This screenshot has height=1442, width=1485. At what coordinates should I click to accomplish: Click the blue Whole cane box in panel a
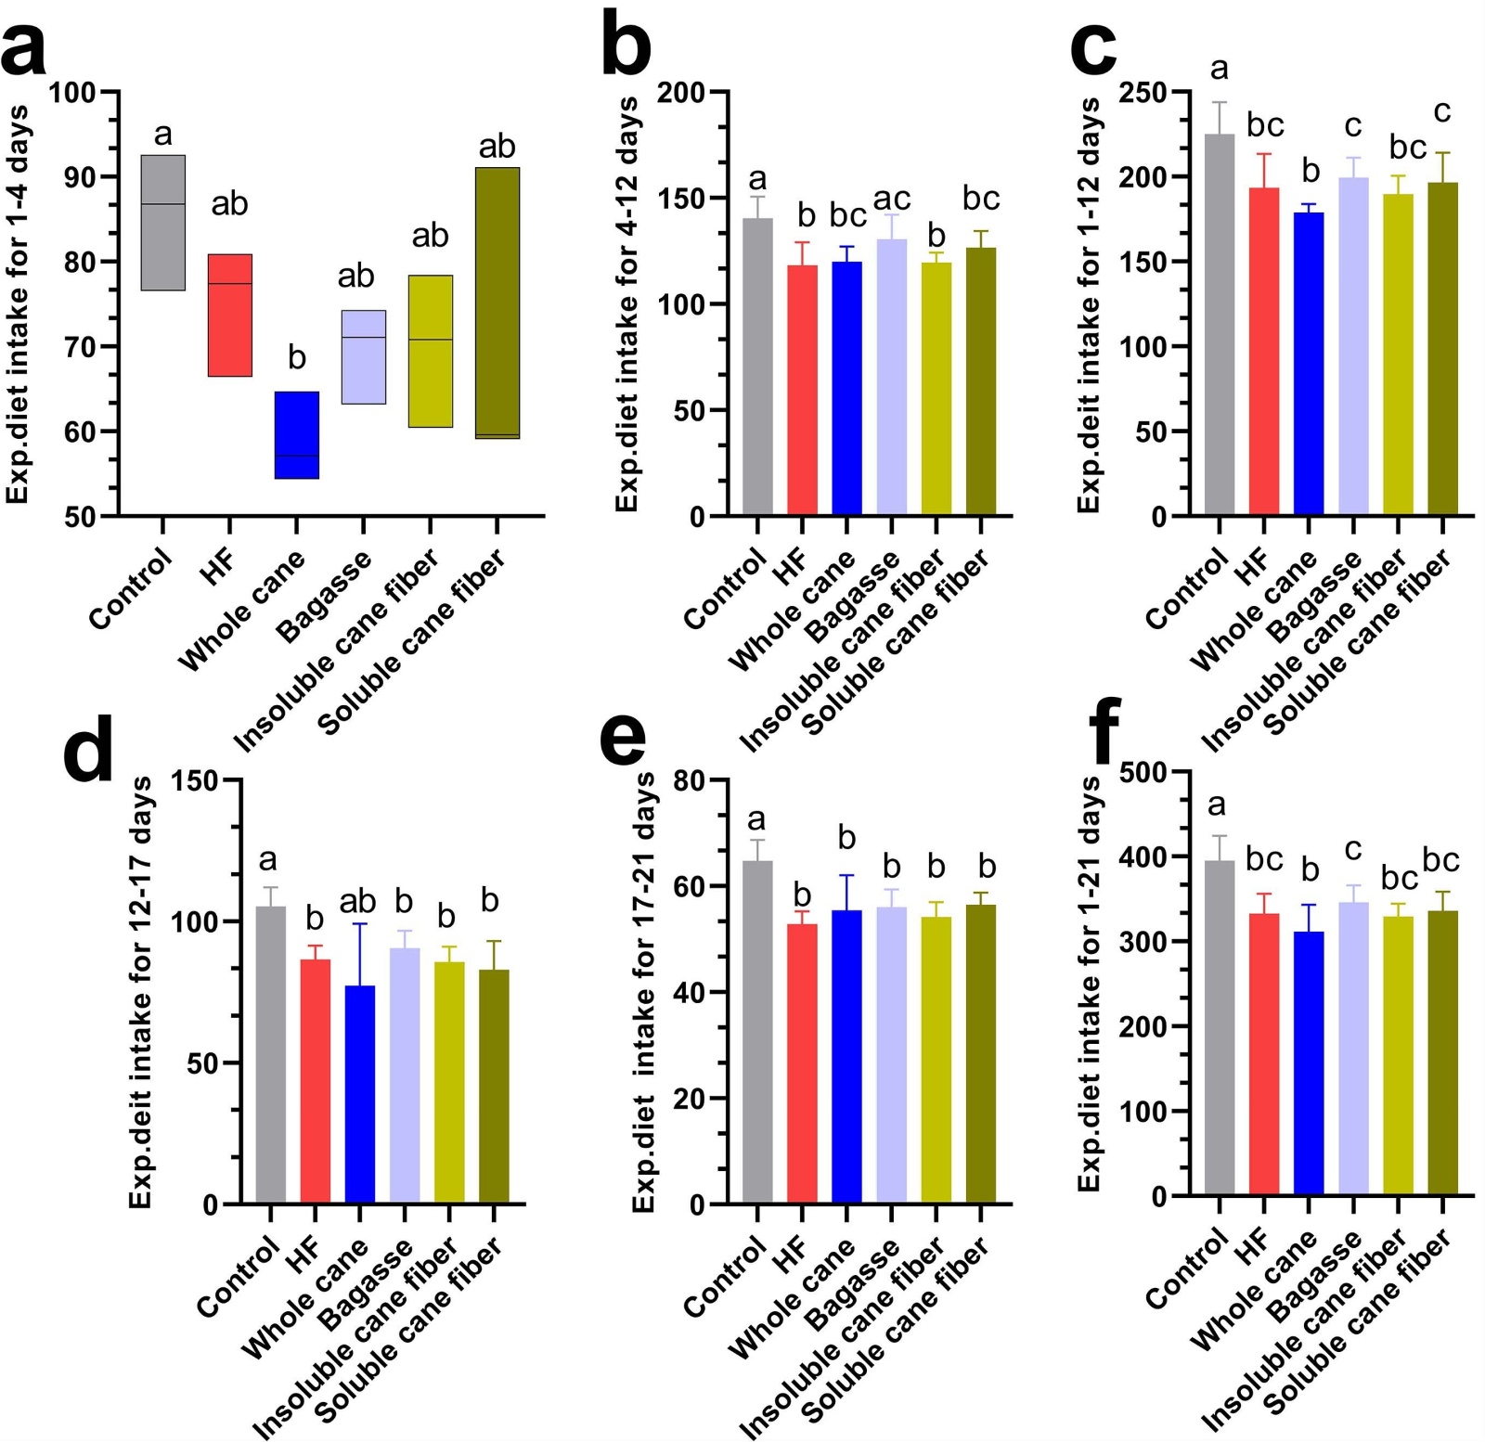click(x=296, y=435)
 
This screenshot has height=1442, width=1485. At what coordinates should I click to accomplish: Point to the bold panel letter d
click(x=88, y=750)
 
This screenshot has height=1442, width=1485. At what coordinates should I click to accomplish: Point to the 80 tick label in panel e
click(x=690, y=780)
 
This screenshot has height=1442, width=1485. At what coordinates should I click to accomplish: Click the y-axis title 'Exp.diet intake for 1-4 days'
click(x=18, y=304)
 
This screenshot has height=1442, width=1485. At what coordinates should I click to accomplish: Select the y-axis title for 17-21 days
click(x=644, y=992)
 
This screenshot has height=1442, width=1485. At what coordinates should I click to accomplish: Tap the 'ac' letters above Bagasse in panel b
click(x=891, y=199)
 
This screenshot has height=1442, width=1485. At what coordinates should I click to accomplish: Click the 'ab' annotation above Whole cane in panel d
click(x=357, y=901)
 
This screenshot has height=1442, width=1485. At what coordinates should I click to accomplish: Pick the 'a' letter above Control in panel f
click(x=1216, y=805)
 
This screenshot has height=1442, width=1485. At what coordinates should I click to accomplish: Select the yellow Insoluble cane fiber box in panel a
click(x=430, y=351)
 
